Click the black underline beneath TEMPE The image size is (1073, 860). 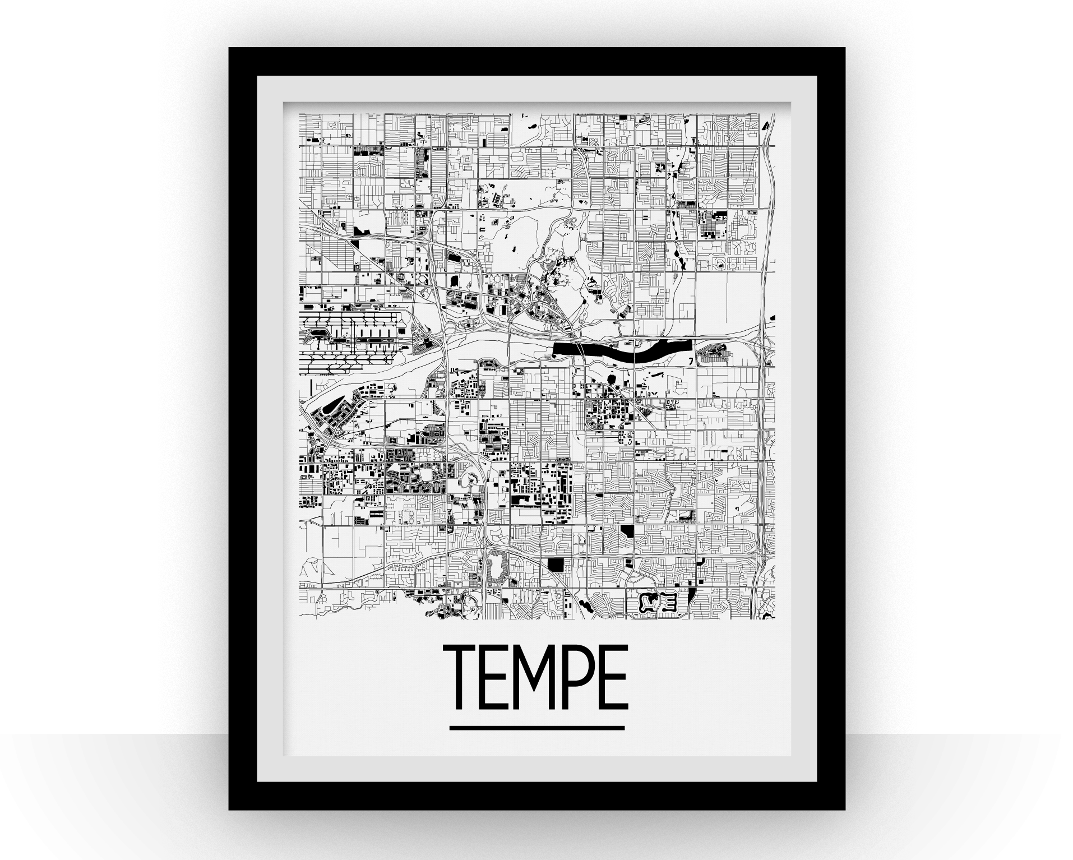[x=536, y=728]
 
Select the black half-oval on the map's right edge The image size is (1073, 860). [x=772, y=320]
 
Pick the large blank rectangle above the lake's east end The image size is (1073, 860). [x=729, y=303]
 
